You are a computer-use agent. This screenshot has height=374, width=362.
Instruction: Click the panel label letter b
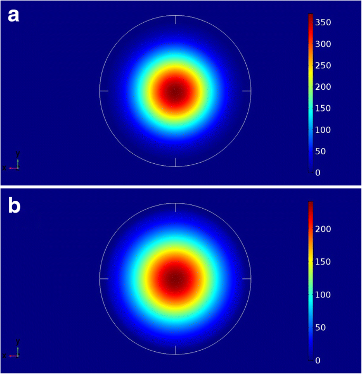[x=13, y=205]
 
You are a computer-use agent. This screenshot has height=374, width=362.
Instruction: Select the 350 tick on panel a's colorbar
[x=327, y=22]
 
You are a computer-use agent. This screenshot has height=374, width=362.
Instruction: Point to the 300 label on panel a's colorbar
[x=327, y=44]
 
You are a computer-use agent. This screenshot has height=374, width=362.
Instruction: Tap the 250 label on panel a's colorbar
[x=327, y=66]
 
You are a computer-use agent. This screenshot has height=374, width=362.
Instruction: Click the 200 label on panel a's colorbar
[x=327, y=87]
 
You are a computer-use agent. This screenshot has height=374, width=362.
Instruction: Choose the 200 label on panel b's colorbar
[x=327, y=229]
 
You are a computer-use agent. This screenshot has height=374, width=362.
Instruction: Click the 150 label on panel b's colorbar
[x=327, y=261]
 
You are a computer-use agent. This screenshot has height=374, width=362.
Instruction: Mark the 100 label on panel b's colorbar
[x=327, y=294]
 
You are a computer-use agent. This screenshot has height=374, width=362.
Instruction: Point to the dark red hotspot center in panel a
[x=175, y=91]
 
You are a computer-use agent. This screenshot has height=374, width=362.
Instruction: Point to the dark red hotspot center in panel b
[x=175, y=278]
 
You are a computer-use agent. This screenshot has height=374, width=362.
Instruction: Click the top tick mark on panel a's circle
[x=175, y=20]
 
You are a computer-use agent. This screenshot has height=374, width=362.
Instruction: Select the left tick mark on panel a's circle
[x=104, y=91]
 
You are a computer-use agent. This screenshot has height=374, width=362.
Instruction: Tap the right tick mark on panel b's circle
[x=247, y=278]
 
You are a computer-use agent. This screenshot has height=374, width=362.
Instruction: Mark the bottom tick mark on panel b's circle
[x=175, y=350]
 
